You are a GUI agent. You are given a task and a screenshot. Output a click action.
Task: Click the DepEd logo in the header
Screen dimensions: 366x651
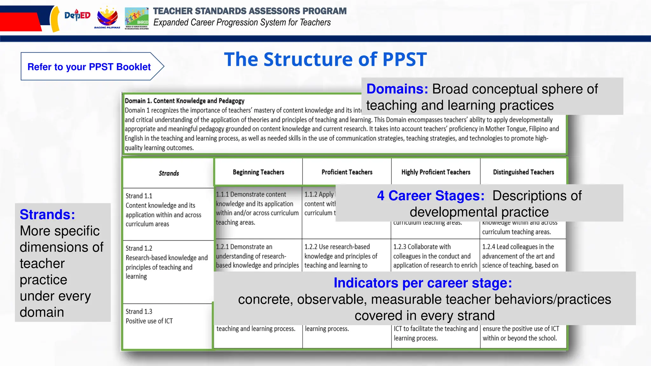pyautogui.click(x=77, y=15)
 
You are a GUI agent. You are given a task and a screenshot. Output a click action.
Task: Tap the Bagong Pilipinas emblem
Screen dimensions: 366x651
pyautogui.click(x=107, y=17)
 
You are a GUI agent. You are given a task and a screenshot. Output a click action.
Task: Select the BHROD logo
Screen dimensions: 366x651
pyautogui.click(x=137, y=18)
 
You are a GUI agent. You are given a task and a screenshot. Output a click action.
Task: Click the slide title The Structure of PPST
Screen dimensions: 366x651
pyautogui.click(x=325, y=59)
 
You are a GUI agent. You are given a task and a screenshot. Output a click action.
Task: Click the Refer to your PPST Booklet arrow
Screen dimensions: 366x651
pyautogui.click(x=92, y=66)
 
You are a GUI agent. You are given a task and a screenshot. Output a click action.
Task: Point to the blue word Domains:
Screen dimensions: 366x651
pyautogui.click(x=397, y=89)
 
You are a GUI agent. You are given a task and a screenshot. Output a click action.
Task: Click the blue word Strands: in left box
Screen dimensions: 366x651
pyautogui.click(x=47, y=214)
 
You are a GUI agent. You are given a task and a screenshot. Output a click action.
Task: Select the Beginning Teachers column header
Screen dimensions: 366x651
pyautogui.click(x=258, y=172)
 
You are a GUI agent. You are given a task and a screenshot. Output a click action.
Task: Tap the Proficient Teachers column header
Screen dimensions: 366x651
pyautogui.click(x=347, y=172)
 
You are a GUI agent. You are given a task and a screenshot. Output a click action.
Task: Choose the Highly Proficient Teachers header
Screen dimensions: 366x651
pyautogui.click(x=436, y=172)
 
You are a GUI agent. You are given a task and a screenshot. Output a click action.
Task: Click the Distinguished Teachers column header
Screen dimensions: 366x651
pyautogui.click(x=524, y=172)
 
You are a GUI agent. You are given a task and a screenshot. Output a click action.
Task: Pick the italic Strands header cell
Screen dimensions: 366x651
pyautogui.click(x=169, y=173)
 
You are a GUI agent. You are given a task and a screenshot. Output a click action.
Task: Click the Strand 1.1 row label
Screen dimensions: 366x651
pyautogui.click(x=163, y=210)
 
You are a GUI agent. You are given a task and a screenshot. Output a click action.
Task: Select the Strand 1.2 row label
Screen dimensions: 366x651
pyautogui.click(x=166, y=262)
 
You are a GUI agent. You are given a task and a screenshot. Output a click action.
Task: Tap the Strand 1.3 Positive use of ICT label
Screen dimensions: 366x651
pyautogui.click(x=149, y=316)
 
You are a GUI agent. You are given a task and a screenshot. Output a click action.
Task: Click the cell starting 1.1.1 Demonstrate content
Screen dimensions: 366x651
pyautogui.click(x=257, y=208)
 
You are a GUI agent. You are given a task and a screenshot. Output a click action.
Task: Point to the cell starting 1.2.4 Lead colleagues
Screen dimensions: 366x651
pyautogui.click(x=520, y=256)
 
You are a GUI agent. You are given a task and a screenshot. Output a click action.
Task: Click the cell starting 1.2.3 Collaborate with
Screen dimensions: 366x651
pyautogui.click(x=435, y=256)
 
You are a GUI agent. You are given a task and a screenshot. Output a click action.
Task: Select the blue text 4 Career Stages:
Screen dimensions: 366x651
pyautogui.click(x=430, y=196)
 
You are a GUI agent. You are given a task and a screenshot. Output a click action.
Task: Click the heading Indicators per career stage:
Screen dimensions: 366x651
pyautogui.click(x=423, y=283)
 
